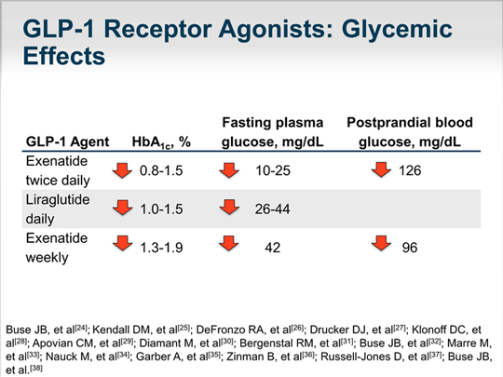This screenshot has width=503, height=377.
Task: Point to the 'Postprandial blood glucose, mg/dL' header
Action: click(x=411, y=131)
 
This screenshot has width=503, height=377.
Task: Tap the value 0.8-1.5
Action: click(x=161, y=170)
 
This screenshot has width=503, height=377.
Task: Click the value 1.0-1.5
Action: click(x=161, y=209)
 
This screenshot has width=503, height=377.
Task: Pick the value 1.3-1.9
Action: click(x=161, y=247)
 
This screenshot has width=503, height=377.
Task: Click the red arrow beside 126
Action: click(x=379, y=169)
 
